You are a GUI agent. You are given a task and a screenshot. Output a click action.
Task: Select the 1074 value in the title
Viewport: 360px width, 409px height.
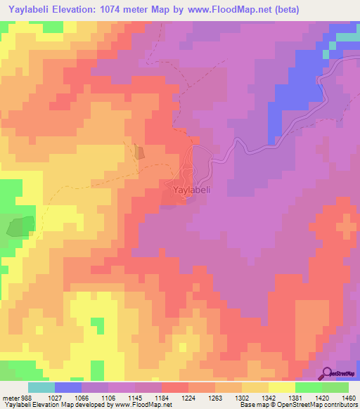tap(132, 10)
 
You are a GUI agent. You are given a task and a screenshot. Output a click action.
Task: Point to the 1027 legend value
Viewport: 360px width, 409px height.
tap(56, 397)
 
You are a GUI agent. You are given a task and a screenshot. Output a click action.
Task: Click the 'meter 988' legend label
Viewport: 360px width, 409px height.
tap(16, 397)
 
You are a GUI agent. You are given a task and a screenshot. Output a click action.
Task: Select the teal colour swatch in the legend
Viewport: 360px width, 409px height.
tap(41, 387)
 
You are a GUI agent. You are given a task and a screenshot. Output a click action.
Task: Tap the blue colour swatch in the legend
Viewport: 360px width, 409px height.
tap(67, 387)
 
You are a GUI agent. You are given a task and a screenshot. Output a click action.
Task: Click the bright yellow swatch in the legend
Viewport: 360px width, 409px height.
tap(281, 387)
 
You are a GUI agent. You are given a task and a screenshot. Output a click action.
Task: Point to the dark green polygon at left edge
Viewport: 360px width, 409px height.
tap(20, 226)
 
